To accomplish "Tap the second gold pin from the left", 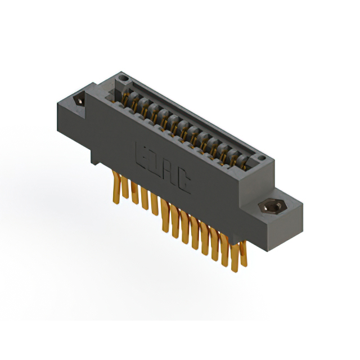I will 125,188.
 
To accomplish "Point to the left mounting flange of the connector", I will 76,104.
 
